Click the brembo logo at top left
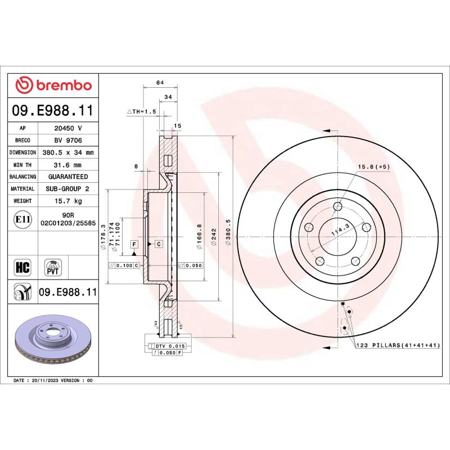point(53,85)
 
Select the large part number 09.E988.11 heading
point(53,110)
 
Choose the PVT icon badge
point(53,266)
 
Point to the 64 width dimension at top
point(160,83)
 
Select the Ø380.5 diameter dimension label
point(228,238)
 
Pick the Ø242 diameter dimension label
point(214,238)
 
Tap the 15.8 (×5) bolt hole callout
point(373,167)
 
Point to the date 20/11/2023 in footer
point(52,381)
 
